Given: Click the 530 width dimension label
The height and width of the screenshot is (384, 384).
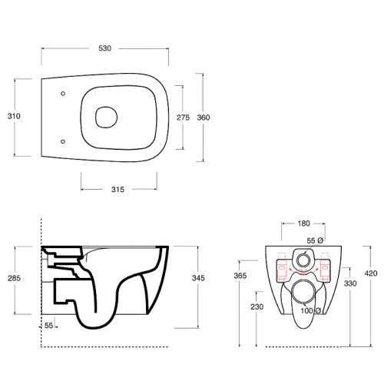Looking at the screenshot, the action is (105, 48).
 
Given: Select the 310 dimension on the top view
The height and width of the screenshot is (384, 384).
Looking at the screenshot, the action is (14, 116).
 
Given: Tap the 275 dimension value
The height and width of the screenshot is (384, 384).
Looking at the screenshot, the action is (184, 118).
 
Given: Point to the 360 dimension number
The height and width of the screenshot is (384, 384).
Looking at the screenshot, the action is (204, 118).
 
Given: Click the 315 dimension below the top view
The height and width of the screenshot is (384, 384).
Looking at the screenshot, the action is (118, 190).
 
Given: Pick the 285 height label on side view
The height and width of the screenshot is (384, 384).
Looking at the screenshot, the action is (14, 278).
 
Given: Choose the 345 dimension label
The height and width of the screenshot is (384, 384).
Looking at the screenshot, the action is (198, 278).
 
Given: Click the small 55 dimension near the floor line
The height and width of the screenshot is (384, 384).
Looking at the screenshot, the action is (48, 326).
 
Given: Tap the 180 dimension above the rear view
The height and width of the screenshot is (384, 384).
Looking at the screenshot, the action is (304, 223).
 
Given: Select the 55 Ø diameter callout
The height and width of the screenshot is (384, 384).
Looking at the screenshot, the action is (315, 240).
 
